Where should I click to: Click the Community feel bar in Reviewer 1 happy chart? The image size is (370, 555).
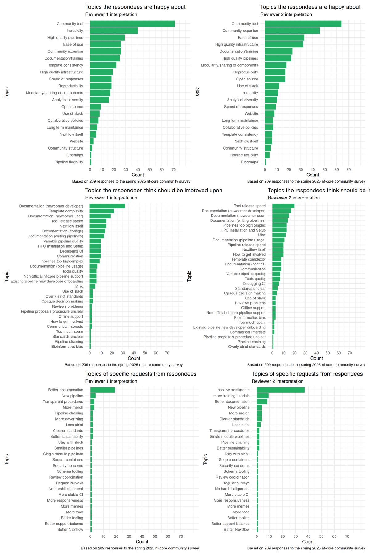click(132, 24)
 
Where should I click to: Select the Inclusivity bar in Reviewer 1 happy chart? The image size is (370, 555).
click(114, 31)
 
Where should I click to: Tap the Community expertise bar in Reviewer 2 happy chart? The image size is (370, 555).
click(292, 31)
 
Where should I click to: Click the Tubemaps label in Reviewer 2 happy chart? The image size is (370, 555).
click(249, 162)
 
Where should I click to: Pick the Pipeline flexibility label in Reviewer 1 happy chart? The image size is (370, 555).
click(69, 162)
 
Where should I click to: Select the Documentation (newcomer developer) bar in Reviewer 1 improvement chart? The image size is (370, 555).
click(107, 206)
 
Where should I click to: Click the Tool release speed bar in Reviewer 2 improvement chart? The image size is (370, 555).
click(283, 206)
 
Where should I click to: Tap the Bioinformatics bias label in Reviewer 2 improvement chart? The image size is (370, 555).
click(250, 318)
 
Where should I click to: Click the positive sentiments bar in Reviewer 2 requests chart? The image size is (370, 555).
click(281, 390)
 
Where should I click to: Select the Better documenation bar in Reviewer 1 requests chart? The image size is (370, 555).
click(103, 390)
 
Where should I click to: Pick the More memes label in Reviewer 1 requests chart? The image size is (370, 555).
click(72, 506)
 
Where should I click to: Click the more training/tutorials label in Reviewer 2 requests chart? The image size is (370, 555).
click(231, 396)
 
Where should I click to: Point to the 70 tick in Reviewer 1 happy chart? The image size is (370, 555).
click(174, 170)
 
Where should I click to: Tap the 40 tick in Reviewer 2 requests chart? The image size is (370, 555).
click(308, 536)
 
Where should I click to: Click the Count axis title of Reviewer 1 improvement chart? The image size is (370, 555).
click(134, 358)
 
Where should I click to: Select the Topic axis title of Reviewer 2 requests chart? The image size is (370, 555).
click(206, 459)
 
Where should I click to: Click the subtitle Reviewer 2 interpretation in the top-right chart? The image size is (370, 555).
click(286, 14)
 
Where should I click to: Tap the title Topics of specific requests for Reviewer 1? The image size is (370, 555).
click(141, 374)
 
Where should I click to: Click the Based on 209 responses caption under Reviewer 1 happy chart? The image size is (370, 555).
click(131, 181)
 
